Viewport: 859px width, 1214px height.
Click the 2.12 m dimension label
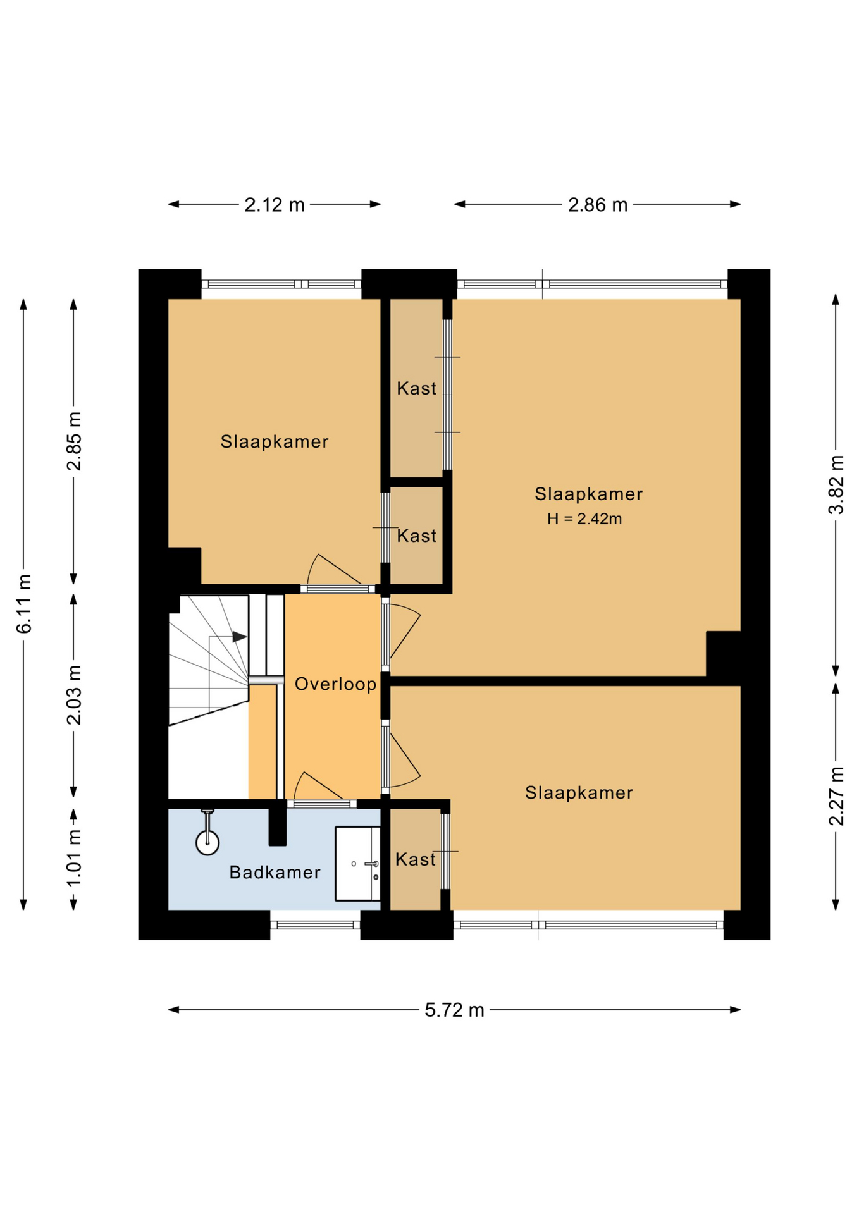click(275, 205)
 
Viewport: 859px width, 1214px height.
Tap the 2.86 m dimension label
click(598, 205)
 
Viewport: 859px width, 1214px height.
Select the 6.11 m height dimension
click(24, 604)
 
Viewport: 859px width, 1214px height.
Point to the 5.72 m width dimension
click(454, 1010)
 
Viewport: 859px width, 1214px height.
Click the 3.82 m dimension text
click(836, 485)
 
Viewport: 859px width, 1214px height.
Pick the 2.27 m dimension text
click(836, 796)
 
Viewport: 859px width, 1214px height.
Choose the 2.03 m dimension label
click(74, 695)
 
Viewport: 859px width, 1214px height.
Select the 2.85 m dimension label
click(74, 441)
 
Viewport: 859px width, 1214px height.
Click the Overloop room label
click(335, 684)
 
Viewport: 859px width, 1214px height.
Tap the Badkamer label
click(275, 873)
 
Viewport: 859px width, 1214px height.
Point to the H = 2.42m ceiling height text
click(584, 519)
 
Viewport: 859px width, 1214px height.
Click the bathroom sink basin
click(357, 863)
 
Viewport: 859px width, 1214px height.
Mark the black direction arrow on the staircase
click(240, 637)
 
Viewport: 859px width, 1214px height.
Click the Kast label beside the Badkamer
click(416, 859)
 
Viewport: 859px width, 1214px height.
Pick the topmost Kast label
click(416, 388)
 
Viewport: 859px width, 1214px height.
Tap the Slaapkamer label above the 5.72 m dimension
click(579, 793)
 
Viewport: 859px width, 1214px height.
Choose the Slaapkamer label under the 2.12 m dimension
click(275, 441)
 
